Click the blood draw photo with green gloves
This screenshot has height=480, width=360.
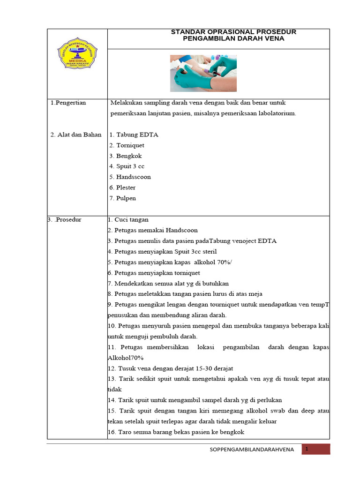[x=203, y=73]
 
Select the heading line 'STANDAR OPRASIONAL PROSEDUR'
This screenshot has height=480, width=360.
[x=233, y=32]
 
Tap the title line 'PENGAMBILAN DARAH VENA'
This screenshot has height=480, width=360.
[x=233, y=39]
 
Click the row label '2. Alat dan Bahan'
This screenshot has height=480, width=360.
[x=76, y=135]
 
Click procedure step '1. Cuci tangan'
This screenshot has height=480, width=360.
[x=128, y=219]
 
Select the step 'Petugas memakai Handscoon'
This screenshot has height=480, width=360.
[x=156, y=230]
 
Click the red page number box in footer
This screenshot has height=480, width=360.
[x=316, y=449]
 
